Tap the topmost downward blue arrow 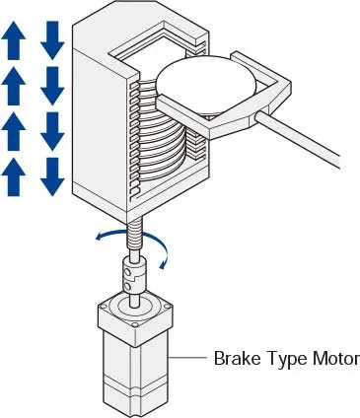tap(52, 37)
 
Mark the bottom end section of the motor tap(134, 399)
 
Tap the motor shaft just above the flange tap(133, 294)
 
